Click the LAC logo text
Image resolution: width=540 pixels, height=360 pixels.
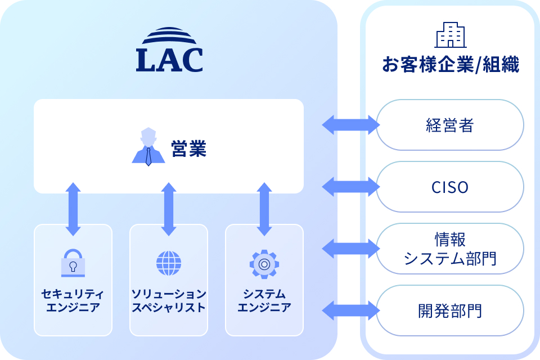click(169, 60)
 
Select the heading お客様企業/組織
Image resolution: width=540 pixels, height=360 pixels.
click(450, 64)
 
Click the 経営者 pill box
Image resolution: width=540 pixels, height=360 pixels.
click(450, 125)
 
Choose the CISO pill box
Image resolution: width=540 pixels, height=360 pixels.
click(450, 187)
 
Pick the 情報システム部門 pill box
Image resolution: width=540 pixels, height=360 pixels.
click(450, 249)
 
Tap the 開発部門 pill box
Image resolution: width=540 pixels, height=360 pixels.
click(450, 310)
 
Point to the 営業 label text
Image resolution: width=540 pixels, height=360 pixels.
click(189, 150)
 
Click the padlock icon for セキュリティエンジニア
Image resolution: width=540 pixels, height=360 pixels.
click(73, 262)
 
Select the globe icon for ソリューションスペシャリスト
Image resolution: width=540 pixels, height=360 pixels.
click(169, 262)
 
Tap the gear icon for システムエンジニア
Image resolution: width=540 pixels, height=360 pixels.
click(264, 262)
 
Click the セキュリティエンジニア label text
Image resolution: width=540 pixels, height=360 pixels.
click(73, 301)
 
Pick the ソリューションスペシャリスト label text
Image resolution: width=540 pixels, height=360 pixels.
click(169, 301)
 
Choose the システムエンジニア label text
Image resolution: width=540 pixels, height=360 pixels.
click(264, 301)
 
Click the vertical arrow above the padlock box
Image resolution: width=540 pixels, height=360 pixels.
click(73, 209)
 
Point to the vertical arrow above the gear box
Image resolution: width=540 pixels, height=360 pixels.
click(264, 209)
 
